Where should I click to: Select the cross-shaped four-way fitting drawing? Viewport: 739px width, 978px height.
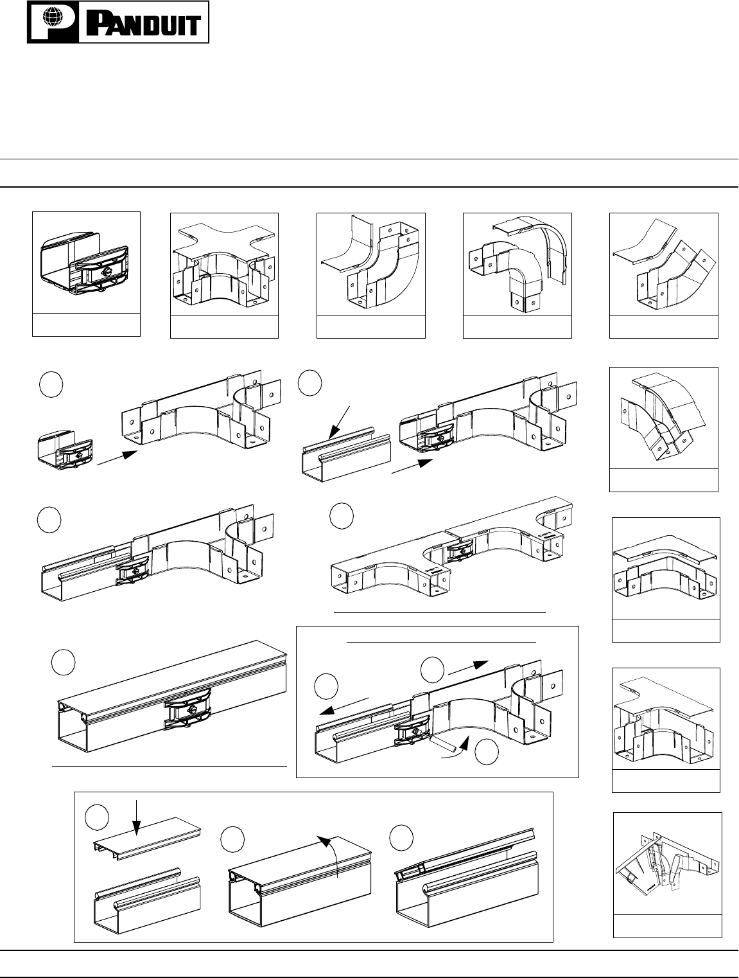point(224,266)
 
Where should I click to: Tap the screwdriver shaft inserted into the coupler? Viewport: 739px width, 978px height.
point(444,743)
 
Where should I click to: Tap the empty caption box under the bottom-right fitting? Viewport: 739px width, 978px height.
point(668,927)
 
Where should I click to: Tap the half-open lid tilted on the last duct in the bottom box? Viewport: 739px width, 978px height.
point(462,851)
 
